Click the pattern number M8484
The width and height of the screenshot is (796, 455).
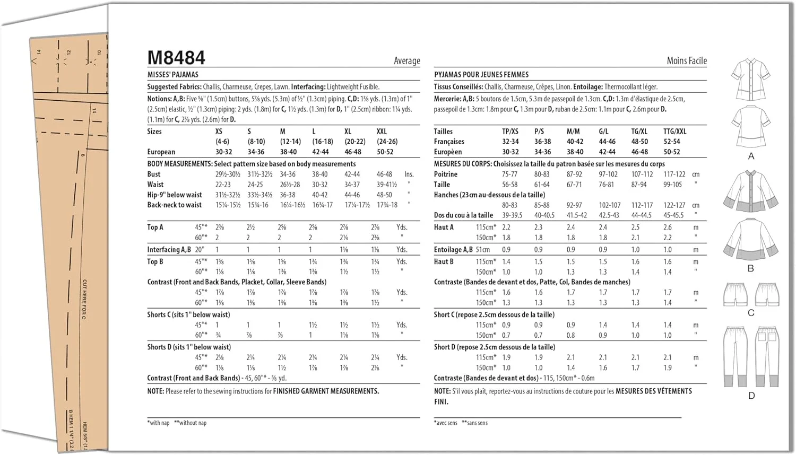(176, 58)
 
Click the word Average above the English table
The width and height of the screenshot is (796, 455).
(406, 61)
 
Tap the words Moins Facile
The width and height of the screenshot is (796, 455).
(687, 61)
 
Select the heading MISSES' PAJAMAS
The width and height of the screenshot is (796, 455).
(173, 75)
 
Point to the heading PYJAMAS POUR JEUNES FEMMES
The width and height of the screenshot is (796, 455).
(481, 75)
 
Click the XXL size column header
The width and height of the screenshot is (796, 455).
(382, 132)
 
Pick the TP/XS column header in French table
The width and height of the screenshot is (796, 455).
(510, 132)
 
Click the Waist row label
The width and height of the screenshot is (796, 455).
(155, 185)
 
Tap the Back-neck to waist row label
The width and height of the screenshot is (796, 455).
(175, 205)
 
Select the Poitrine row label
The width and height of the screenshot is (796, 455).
(446, 174)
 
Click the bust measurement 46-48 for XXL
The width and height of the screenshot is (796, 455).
(384, 174)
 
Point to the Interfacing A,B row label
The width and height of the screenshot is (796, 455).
(169, 250)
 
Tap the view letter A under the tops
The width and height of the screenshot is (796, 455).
(751, 156)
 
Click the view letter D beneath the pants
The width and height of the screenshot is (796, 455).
(751, 396)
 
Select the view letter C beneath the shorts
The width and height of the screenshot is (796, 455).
(751, 313)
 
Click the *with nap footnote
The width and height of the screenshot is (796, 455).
(158, 423)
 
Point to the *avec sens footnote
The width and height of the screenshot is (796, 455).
(446, 423)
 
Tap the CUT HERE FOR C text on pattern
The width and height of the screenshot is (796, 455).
(84, 299)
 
